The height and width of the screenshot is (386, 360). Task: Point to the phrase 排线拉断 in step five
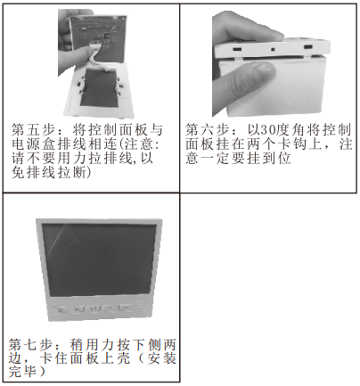pos(60,172)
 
